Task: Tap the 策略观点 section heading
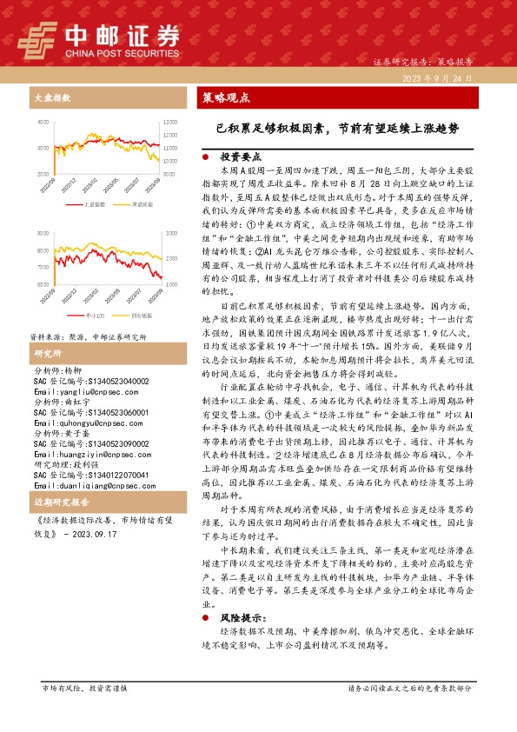(x=224, y=97)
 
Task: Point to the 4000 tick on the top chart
(x=43, y=123)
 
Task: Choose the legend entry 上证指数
(x=94, y=204)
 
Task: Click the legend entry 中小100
(x=94, y=316)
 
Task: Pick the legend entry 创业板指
(x=140, y=316)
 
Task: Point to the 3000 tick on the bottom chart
(x=43, y=235)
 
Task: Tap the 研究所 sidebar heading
(x=47, y=353)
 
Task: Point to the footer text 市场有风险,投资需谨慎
(x=84, y=687)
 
